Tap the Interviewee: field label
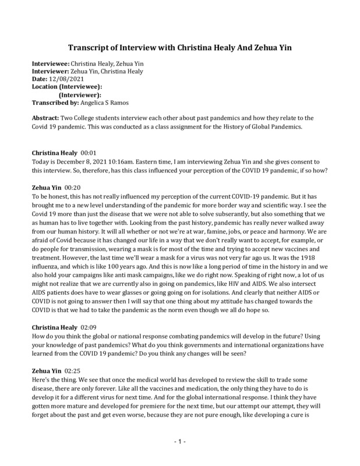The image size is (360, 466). point(51,64)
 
